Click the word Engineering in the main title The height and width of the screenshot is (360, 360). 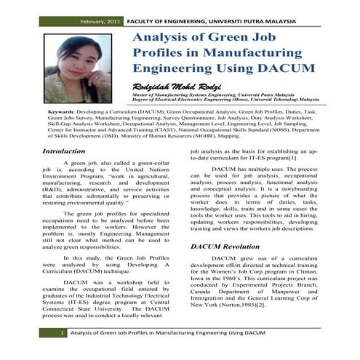[x=177, y=68]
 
